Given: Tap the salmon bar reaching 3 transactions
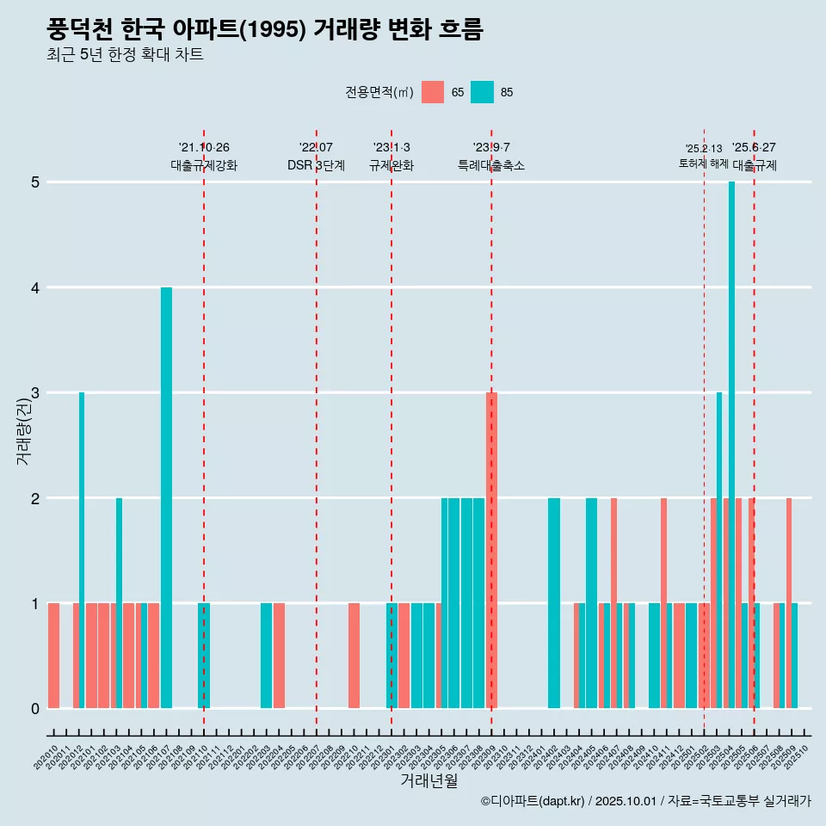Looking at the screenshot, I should (491, 551).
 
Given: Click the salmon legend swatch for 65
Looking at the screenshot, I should (433, 92).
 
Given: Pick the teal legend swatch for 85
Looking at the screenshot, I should (483, 92).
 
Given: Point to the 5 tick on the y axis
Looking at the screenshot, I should (36, 182).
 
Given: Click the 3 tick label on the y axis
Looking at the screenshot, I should (36, 393).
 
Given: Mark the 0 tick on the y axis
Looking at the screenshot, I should (36, 709).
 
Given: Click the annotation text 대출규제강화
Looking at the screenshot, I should (204, 165).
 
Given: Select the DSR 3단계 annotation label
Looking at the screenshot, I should (316, 165).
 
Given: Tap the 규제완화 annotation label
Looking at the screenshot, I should (391, 165).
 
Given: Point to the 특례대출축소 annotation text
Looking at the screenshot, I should (491, 165).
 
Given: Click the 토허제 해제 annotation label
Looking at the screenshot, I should (704, 163).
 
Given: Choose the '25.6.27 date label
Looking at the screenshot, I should (754, 147).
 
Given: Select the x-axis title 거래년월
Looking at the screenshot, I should (428, 780).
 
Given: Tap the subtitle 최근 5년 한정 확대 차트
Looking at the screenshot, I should (125, 56).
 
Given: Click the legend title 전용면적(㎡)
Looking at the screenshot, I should (379, 92).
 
